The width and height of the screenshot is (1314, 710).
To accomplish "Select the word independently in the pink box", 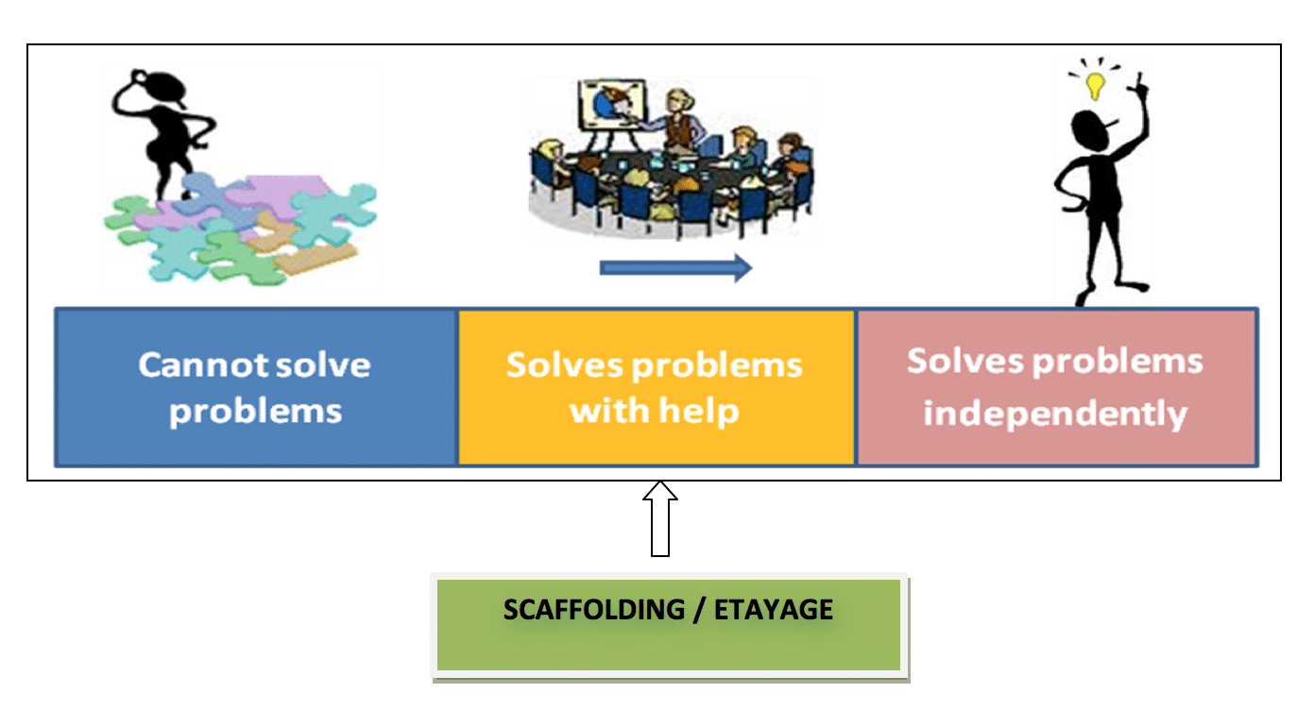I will coord(1055,414).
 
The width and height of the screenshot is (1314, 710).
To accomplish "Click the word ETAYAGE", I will coord(775,610).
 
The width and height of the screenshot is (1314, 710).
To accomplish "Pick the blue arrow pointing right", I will coord(675,268).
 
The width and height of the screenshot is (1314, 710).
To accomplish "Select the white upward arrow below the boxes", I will coord(660,518).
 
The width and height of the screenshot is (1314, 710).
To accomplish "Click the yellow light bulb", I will coord(1095,84).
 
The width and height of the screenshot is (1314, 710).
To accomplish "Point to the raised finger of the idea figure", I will coord(1139,83).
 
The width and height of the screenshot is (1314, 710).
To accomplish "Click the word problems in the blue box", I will coord(255,412).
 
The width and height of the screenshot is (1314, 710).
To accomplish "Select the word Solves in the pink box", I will coord(961,361).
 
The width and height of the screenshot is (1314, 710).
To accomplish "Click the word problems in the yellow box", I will coord(718,365).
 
